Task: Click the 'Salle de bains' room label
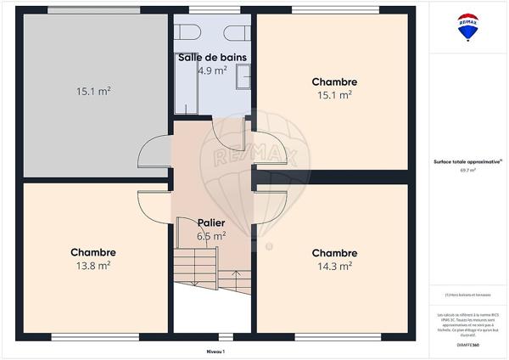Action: pos(212,58)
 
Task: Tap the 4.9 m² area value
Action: pos(212,71)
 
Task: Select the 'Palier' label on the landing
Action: pos(211,223)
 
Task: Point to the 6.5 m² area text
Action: pos(211,236)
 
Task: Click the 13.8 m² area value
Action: pos(93,266)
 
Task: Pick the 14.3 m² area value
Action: pos(334,266)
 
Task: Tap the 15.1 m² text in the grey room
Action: pos(95,90)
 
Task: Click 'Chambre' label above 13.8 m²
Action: pos(93,252)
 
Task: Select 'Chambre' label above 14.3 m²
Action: pos(334,253)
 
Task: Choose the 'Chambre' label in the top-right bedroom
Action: pos(334,82)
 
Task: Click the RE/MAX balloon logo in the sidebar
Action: pos(468,28)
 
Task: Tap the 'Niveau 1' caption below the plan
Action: pos(216,351)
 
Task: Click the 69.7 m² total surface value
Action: pos(467,170)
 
